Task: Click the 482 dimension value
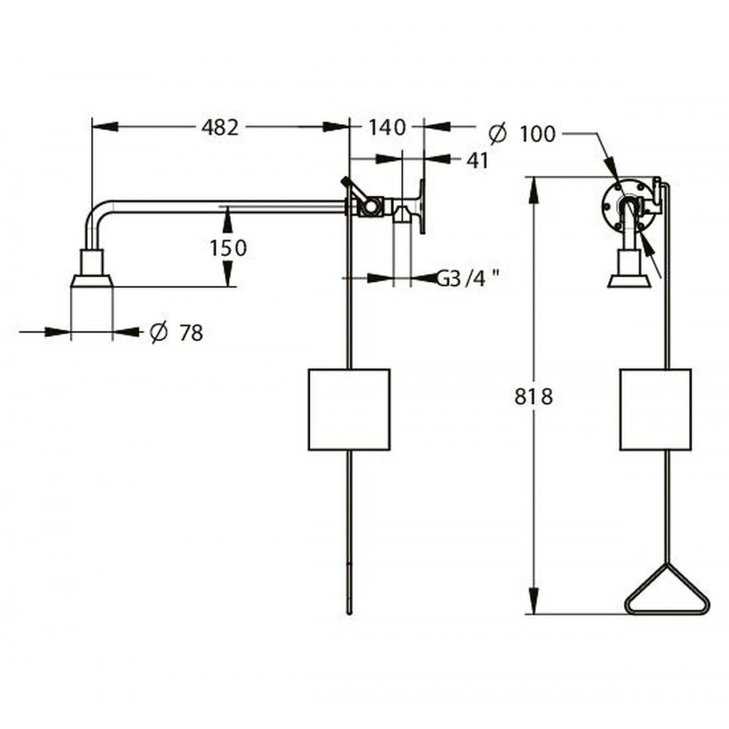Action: coord(220,128)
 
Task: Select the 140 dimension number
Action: coord(387,128)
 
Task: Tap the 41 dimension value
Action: coord(477,161)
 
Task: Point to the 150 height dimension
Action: coord(227,249)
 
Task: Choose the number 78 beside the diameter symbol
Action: coord(192,333)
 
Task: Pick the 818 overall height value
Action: coord(534,397)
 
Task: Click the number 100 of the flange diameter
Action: coord(537,134)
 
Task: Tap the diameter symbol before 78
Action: coord(159,332)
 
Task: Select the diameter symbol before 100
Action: coord(497,133)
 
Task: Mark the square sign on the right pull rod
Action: coord(655,410)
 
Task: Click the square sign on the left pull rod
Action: coord(348,410)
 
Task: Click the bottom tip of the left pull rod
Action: coord(350,613)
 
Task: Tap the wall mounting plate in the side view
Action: coord(422,206)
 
